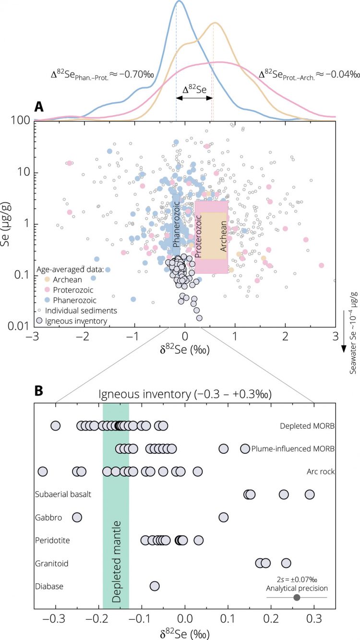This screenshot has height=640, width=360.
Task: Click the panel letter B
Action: (x=39, y=378)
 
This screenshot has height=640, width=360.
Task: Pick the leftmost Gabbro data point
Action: (x=77, y=517)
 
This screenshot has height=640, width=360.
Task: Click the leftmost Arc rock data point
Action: (x=43, y=471)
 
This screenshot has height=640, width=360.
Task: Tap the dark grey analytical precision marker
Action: (x=297, y=597)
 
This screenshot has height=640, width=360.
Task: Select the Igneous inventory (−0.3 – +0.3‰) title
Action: (x=185, y=394)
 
